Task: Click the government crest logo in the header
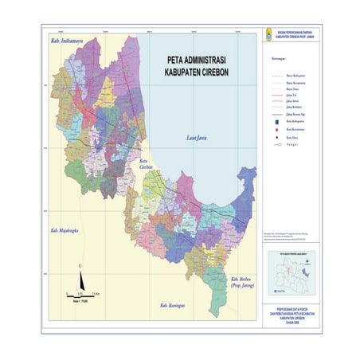click(268, 37)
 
